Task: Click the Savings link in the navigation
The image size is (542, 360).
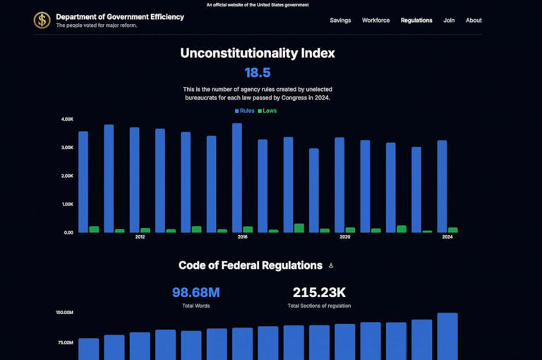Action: coord(340,20)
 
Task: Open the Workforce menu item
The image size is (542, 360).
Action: coord(375,20)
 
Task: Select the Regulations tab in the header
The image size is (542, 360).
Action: coord(416,20)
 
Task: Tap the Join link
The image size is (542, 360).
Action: coord(449,20)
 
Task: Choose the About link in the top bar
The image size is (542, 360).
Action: coord(474,20)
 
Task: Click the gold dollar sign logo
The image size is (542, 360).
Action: coord(42,20)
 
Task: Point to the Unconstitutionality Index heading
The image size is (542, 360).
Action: coord(257,53)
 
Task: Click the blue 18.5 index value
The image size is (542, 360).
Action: coord(257,73)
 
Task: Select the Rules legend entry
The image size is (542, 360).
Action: coord(244,111)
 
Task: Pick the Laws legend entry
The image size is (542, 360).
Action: coord(267,111)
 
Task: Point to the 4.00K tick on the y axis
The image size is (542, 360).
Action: coord(67,119)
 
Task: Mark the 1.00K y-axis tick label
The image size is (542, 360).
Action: coord(67,204)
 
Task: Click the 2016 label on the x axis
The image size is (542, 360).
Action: coord(242,237)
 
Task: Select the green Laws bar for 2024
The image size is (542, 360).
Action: coord(453,230)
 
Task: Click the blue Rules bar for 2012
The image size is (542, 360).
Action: coord(134,180)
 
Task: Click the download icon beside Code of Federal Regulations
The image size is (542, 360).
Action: coord(331,265)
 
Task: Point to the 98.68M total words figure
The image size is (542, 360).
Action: coord(195,292)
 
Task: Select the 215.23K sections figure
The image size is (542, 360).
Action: coord(319,292)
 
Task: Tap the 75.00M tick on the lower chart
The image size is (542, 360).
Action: coord(64,342)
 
